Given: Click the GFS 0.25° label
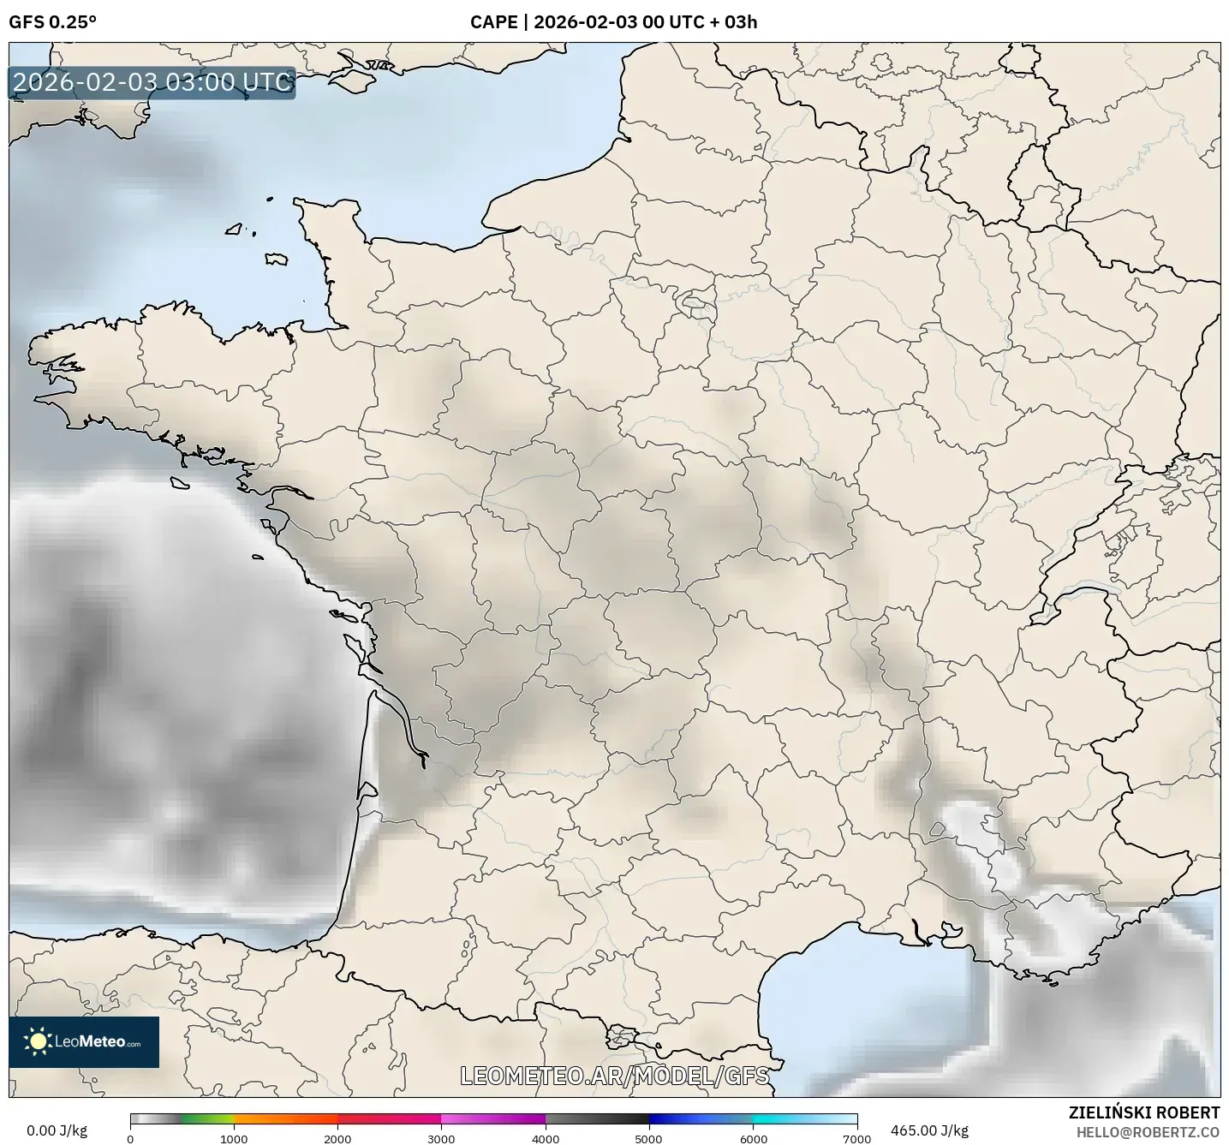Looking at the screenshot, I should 52,22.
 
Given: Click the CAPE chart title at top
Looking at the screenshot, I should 613,22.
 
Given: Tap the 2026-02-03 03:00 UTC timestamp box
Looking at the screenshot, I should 152,82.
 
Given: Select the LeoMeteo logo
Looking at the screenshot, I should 84,1041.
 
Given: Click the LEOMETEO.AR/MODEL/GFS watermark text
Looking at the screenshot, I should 614,1076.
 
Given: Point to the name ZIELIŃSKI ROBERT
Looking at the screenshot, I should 1144,1112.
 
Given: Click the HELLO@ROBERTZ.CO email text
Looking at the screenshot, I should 1148,1131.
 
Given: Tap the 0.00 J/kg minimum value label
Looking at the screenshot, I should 57,1130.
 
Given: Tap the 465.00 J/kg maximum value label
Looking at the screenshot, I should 929,1130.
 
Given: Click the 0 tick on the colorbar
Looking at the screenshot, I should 130,1138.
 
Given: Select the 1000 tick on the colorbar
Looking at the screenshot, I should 234,1138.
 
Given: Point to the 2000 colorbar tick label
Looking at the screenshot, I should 337,1138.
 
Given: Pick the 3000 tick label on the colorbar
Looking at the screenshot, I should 441,1138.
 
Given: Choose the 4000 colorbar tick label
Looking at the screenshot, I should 546,1138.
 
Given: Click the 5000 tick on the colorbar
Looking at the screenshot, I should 649,1138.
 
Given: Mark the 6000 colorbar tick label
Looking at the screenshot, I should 753,1138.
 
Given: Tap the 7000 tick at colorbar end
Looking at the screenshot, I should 856,1138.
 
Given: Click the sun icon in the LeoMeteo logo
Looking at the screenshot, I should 38,1041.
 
